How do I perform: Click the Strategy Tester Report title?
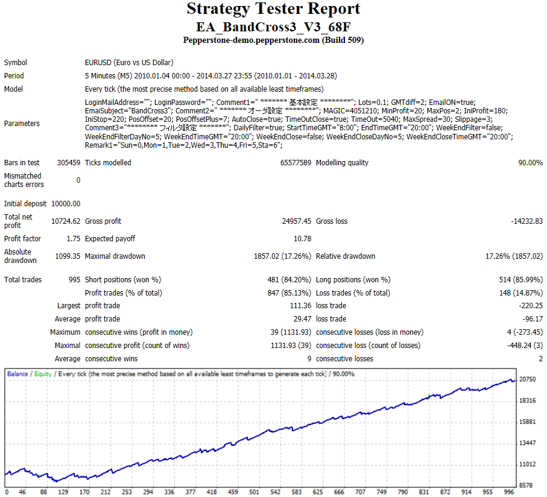(273, 9)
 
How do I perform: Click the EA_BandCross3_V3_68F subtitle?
(273, 27)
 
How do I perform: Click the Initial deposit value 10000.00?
(66, 204)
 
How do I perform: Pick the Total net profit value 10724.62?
(66, 221)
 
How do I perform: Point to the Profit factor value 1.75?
(73, 239)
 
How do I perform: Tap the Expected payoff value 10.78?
(302, 239)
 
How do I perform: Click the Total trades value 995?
(74, 280)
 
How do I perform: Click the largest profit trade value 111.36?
(300, 306)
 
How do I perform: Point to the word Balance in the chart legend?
(17, 374)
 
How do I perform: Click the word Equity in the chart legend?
(43, 374)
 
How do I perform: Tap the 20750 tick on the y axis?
(528, 379)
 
